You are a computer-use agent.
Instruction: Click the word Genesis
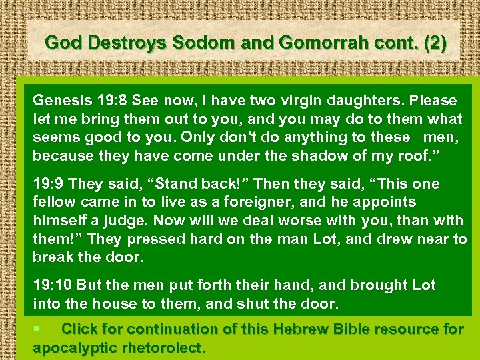59,101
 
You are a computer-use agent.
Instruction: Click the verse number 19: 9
49,183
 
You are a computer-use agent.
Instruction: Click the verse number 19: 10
53,285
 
